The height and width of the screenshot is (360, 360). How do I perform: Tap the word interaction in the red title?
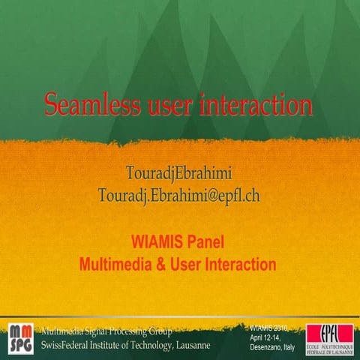(x=256, y=104)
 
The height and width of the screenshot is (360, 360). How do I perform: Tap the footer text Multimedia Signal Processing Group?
(x=107, y=331)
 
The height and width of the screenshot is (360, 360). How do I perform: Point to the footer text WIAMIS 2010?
(x=269, y=328)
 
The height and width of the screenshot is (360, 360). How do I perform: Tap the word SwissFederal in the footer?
(x=68, y=344)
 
